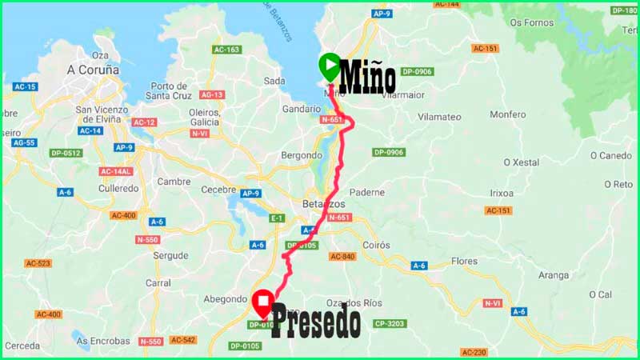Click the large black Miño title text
click(x=367, y=78)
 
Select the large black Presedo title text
click(x=315, y=322)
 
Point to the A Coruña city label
click(x=93, y=70)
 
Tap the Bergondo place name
click(x=301, y=154)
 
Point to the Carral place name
click(x=158, y=282)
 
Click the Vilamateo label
click(x=439, y=117)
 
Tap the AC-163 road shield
click(x=226, y=50)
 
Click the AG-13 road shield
click(x=212, y=95)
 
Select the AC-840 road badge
click(x=342, y=256)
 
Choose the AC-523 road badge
click(x=38, y=263)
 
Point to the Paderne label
click(x=368, y=192)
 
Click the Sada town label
click(x=274, y=81)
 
